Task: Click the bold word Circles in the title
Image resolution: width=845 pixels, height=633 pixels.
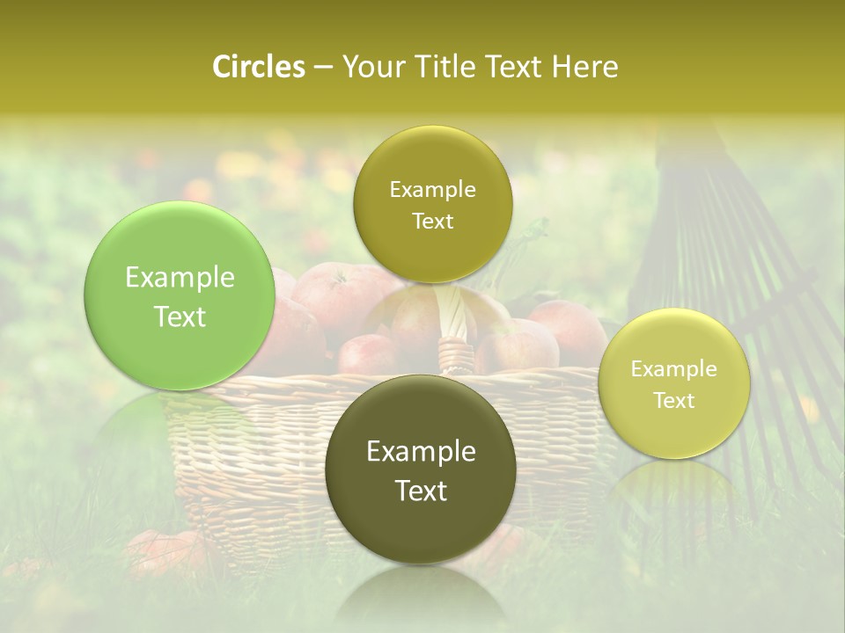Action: click(x=258, y=68)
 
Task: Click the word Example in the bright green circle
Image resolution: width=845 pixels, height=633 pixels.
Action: click(x=180, y=278)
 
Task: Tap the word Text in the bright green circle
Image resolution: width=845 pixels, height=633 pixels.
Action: click(x=180, y=316)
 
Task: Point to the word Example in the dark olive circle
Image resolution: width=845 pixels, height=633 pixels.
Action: click(x=421, y=452)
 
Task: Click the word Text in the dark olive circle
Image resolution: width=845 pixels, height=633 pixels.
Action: click(x=421, y=491)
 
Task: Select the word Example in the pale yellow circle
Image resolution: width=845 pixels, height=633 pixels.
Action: click(x=674, y=369)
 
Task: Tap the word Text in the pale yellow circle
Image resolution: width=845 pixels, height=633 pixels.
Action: click(x=674, y=401)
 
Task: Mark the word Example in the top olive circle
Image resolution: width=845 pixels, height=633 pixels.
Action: click(x=432, y=190)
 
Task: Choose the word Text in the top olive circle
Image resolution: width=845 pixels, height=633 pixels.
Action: click(x=432, y=222)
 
